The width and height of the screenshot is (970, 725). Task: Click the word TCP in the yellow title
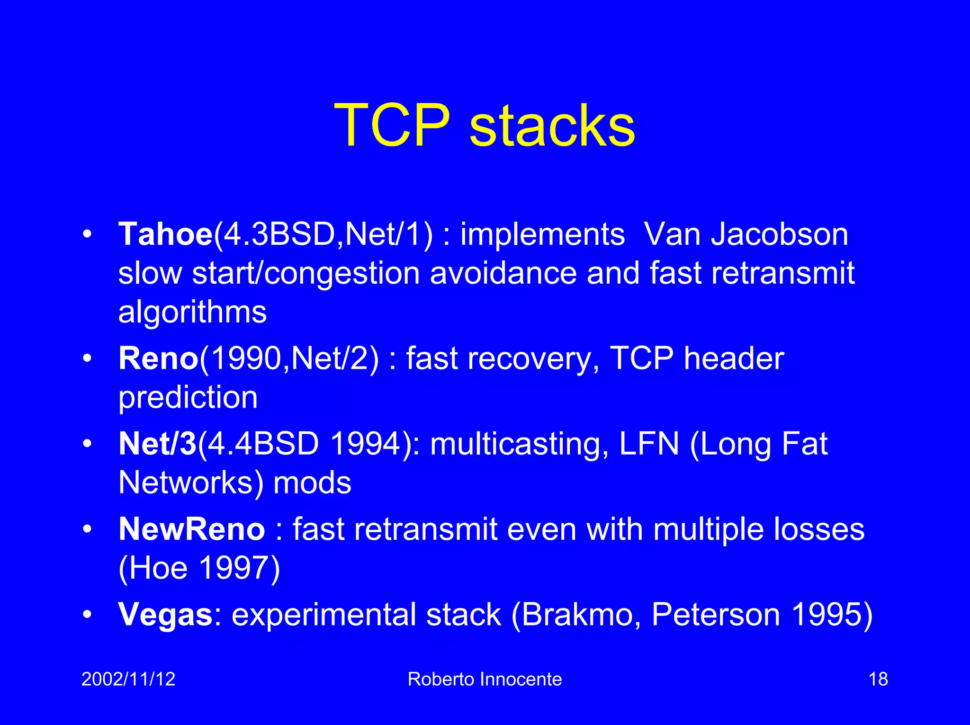(392, 125)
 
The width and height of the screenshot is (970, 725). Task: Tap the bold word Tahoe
(165, 234)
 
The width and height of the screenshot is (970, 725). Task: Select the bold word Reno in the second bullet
(158, 358)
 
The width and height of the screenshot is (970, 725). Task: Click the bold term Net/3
(157, 444)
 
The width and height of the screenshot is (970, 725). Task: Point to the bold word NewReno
(191, 529)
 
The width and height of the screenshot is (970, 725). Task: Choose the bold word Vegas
(165, 615)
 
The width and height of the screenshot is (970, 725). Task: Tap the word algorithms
(192, 313)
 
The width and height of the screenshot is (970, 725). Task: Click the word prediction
(188, 398)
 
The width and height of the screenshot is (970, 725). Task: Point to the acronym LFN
(649, 444)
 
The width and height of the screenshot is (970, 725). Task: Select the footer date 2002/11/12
(128, 679)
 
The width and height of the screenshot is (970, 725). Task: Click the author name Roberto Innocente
(485, 679)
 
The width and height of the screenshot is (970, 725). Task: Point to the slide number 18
(878, 679)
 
